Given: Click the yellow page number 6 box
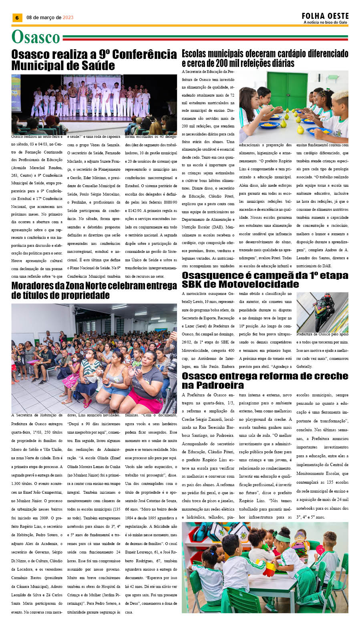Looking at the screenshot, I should pyautogui.click(x=17, y=18).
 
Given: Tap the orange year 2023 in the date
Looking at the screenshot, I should pyautogui.click(x=68, y=18).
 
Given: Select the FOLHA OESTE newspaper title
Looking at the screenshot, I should pyautogui.click(x=325, y=16).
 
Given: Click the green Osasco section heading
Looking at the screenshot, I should pyautogui.click(x=36, y=37).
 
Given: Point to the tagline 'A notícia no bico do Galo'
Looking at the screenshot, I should pyautogui.click(x=325, y=22).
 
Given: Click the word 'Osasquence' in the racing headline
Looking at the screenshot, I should pyautogui.click(x=213, y=275).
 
